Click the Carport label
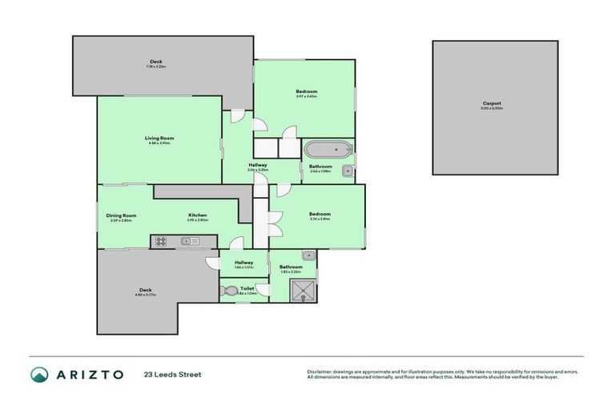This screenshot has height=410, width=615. [492, 102]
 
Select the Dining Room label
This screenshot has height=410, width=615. [121, 215]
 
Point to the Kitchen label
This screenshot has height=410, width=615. [198, 215]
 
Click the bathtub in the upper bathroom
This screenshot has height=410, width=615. [327, 150]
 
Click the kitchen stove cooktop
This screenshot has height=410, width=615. [160, 240]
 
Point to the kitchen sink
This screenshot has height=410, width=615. [190, 240]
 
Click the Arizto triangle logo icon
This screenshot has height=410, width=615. [39, 375]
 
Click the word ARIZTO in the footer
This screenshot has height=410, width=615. [89, 375]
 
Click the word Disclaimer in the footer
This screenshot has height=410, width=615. [320, 372]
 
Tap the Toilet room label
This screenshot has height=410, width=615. [247, 287]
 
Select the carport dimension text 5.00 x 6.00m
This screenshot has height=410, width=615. [492, 108]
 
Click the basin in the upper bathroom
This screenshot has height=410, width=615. [346, 171]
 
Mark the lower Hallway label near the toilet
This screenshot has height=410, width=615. [244, 262]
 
